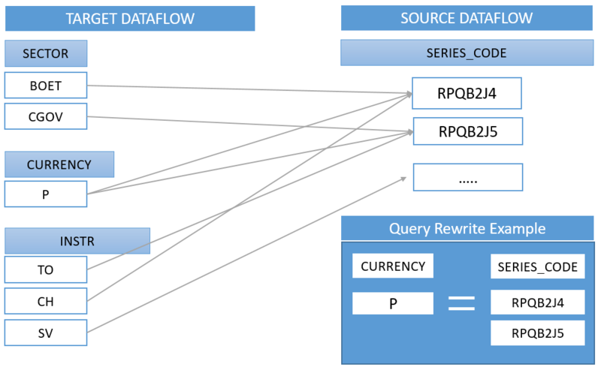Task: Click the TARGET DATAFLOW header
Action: pyautogui.click(x=129, y=18)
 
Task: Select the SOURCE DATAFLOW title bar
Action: pyautogui.click(x=466, y=18)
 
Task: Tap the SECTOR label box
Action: pyautogui.click(x=46, y=53)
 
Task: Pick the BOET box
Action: pyautogui.click(x=46, y=86)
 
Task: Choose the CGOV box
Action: pyautogui.click(x=46, y=117)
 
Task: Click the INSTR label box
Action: pyautogui.click(x=77, y=242)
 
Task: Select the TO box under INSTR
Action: pyautogui.click(x=46, y=269)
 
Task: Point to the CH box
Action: pyautogui.click(x=46, y=301)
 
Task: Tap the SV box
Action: pyautogui.click(x=46, y=332)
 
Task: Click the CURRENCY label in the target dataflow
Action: pyautogui.click(x=59, y=164)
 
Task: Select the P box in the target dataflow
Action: pyautogui.click(x=46, y=194)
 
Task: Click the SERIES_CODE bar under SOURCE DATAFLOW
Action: pyautogui.click(x=466, y=53)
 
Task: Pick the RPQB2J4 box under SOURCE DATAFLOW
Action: pyautogui.click(x=467, y=94)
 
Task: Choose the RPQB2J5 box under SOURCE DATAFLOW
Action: pyautogui.click(x=467, y=132)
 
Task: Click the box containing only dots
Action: pyautogui.click(x=467, y=177)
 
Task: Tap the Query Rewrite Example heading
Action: pyautogui.click(x=466, y=229)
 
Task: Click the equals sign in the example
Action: pyautogui.click(x=462, y=303)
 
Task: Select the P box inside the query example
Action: pyautogui.click(x=393, y=303)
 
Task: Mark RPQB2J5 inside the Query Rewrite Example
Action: pyautogui.click(x=537, y=333)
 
